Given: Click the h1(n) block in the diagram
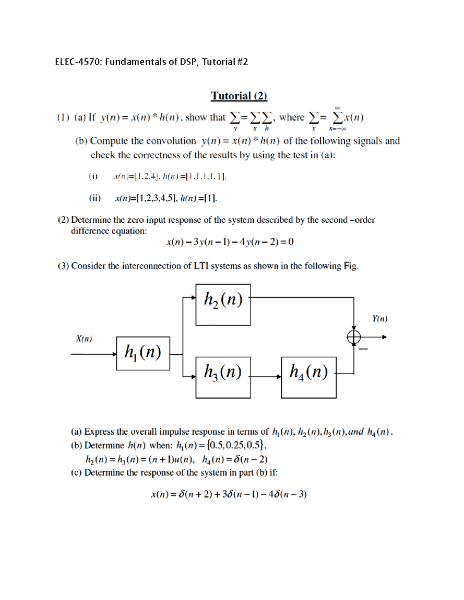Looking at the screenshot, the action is (x=143, y=353).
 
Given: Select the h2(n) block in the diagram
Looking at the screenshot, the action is (x=223, y=304).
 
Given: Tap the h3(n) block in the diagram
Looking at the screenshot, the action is (x=223, y=377).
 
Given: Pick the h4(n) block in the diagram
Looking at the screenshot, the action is (x=309, y=377).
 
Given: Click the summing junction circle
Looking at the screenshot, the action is (x=353, y=337).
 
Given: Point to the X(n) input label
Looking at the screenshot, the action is (x=84, y=339).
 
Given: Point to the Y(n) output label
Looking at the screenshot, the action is (x=380, y=319).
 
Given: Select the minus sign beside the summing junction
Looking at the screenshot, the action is (x=363, y=349).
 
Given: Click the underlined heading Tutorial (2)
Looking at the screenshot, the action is (x=239, y=96).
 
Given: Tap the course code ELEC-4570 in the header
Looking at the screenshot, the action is (x=77, y=62).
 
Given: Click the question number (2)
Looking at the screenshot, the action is (x=63, y=220).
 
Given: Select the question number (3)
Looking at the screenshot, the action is (x=63, y=266).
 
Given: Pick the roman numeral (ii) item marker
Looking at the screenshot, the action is (x=95, y=199).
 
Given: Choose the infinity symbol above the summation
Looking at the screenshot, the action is (x=338, y=108).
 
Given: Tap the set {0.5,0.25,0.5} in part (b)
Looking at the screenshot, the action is (x=236, y=445).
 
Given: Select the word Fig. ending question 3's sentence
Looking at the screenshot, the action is (x=351, y=266).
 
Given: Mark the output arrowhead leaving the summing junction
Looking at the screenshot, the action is (x=384, y=337).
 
